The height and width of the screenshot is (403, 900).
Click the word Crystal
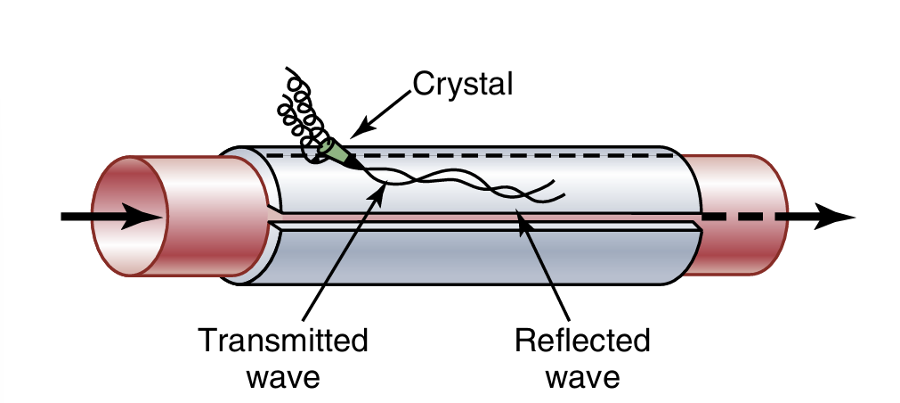tap(463, 85)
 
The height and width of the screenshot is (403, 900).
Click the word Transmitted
tap(283, 340)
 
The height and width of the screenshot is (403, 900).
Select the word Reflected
tap(583, 340)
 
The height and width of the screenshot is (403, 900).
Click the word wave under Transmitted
tap(283, 376)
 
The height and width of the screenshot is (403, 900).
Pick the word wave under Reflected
tap(583, 376)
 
